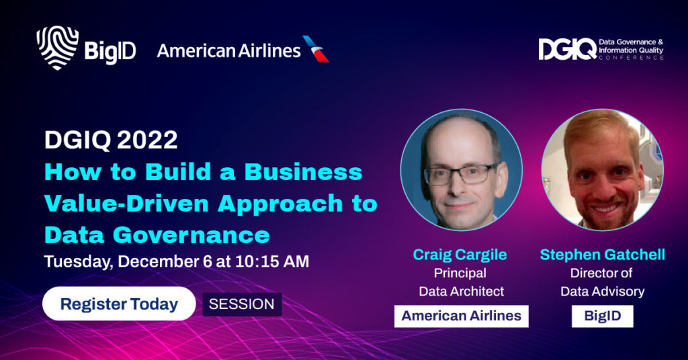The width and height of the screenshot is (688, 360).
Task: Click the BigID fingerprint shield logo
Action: [x=58, y=48]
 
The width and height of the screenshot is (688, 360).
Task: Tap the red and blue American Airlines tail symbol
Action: [x=316, y=49]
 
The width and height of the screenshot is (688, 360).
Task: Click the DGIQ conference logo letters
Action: [x=567, y=49]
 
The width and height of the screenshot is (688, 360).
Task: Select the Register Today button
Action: [x=119, y=304]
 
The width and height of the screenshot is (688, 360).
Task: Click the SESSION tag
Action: [x=242, y=304]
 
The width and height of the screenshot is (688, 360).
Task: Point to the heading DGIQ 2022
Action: [x=111, y=140]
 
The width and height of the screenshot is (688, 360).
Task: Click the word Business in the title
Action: [x=303, y=171]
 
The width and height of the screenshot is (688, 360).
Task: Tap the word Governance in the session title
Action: [x=191, y=235]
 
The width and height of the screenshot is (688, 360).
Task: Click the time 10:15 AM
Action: [x=272, y=261]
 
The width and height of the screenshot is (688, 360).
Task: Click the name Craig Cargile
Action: [x=460, y=255]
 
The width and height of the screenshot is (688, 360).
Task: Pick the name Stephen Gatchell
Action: [x=603, y=255]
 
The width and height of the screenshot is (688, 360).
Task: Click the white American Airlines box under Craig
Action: [x=461, y=316]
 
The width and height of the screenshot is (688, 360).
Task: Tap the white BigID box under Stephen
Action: [x=603, y=316]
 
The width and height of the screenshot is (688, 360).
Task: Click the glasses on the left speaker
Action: [x=460, y=174]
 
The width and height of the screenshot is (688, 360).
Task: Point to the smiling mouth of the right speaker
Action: [x=606, y=208]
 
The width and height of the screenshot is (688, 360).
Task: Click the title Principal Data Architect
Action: [x=461, y=282]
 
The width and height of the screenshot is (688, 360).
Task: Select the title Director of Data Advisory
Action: [x=603, y=282]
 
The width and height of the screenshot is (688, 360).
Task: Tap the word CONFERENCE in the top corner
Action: [x=631, y=58]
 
